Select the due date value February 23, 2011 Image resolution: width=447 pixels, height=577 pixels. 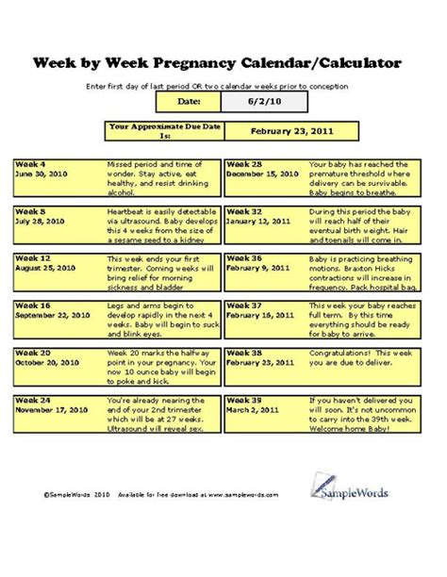pyautogui.click(x=290, y=133)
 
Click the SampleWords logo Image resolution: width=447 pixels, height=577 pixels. pyautogui.click(x=356, y=486)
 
